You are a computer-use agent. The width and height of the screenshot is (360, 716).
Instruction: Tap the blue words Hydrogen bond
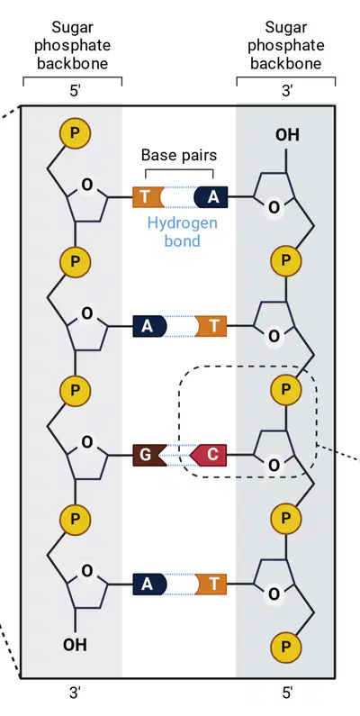tap(182, 232)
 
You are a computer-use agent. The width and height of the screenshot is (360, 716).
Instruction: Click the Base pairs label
tap(179, 155)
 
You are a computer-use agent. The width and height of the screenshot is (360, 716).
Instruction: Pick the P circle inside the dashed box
tap(286, 390)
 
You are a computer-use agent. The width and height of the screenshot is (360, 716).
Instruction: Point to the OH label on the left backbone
tap(75, 645)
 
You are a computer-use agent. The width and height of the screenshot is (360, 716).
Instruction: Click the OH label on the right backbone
tap(287, 135)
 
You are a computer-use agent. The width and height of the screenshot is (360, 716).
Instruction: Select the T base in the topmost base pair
tap(147, 197)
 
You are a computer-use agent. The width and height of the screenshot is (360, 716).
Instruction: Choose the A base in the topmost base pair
tap(211, 197)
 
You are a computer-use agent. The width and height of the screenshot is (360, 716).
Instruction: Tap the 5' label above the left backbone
tap(76, 90)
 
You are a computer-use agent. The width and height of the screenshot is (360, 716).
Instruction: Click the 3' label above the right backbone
tap(287, 90)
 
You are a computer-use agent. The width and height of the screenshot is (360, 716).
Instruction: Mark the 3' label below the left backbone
tap(76, 693)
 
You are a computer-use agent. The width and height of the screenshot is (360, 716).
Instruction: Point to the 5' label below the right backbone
tap(287, 693)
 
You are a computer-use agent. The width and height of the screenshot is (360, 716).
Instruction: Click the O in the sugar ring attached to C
tap(274, 466)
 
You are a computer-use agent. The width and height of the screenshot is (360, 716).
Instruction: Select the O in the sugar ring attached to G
tap(86, 442)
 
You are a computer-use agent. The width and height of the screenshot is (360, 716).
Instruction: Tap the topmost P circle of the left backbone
tap(76, 133)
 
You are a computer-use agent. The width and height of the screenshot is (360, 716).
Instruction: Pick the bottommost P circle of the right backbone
tap(286, 647)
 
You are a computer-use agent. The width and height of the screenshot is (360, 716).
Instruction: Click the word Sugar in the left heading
tap(73, 27)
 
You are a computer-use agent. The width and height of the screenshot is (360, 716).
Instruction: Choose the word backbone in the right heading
tap(286, 63)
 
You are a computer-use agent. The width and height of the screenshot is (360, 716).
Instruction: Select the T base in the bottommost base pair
tap(212, 584)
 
